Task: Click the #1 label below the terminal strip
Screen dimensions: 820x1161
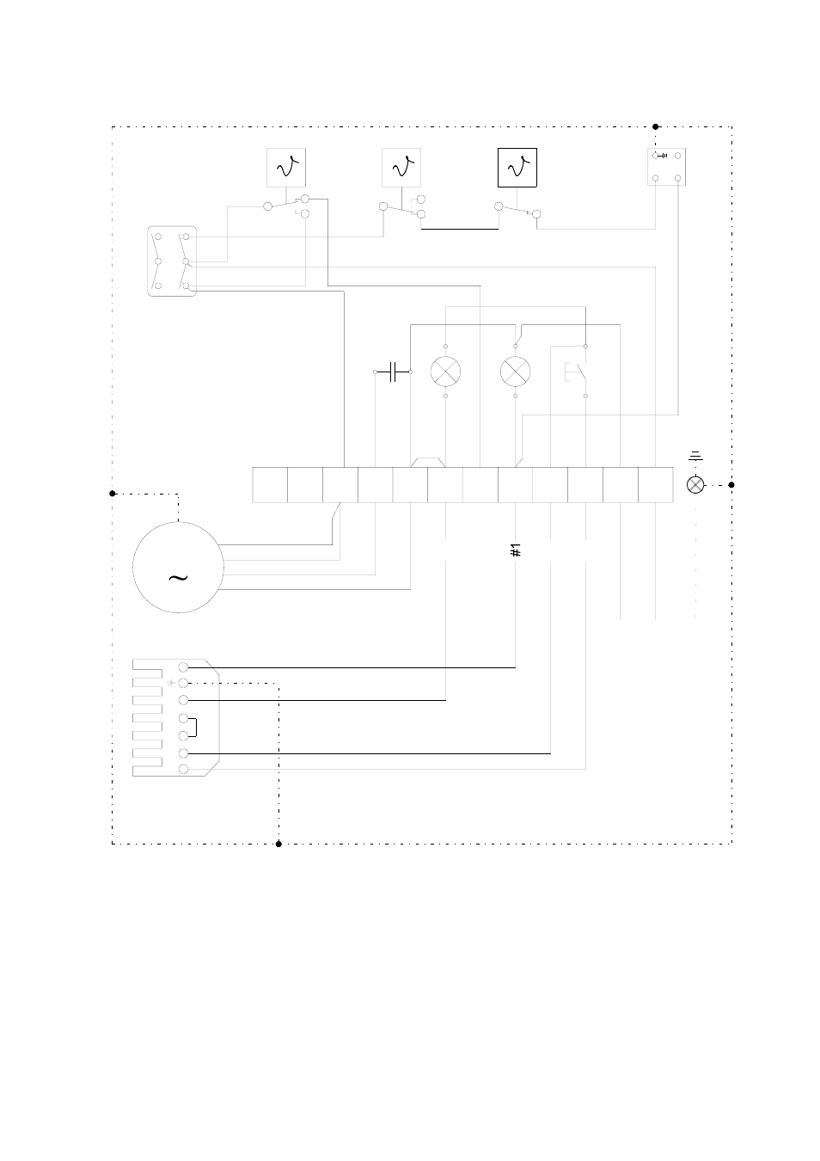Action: pos(515,550)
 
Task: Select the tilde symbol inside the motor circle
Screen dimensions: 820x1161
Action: pos(178,577)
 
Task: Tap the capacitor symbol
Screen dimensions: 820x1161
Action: pos(393,372)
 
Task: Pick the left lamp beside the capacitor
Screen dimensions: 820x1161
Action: pos(445,372)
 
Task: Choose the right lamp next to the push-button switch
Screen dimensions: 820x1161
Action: pos(515,372)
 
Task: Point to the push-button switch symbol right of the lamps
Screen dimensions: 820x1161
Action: pos(576,372)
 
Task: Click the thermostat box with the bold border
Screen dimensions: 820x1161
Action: pos(517,168)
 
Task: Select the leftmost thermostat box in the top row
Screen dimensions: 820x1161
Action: pos(286,168)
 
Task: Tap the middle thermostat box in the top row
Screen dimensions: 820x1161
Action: pos(401,168)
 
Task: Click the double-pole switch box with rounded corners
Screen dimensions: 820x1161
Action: pos(172,261)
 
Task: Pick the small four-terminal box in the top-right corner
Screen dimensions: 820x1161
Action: pos(667,166)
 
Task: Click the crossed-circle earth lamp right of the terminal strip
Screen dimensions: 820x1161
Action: pos(695,485)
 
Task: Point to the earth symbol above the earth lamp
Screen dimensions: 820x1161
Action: pos(695,456)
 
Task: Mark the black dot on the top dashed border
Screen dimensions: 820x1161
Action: pos(655,126)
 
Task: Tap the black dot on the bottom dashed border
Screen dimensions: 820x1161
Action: pos(278,845)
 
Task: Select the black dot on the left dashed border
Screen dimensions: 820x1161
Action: pos(113,494)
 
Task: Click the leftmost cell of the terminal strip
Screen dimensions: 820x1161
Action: pos(270,485)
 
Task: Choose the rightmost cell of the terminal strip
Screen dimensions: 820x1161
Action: pos(656,485)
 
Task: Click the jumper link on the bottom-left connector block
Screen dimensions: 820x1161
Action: pos(193,728)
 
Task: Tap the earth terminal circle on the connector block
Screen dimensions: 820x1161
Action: pos(183,683)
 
